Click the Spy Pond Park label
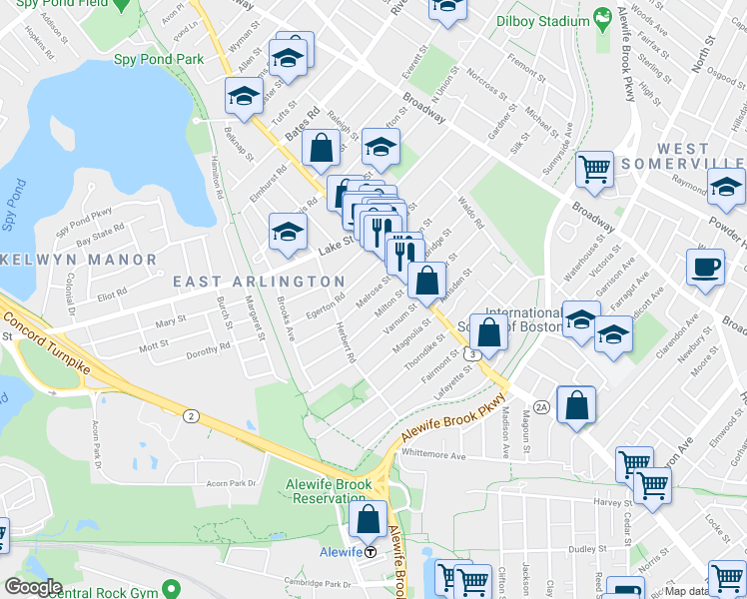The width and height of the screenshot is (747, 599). [159, 60]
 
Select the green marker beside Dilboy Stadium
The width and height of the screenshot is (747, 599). [602, 17]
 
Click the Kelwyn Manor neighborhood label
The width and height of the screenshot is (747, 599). [80, 260]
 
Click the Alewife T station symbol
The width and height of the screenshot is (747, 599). [371, 551]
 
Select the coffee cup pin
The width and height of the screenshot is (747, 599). [705, 267]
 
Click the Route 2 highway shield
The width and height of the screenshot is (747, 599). [190, 415]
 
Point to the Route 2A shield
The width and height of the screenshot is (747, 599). [542, 406]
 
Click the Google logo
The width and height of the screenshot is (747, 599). [33, 587]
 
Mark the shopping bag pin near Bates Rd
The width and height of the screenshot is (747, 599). [322, 149]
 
